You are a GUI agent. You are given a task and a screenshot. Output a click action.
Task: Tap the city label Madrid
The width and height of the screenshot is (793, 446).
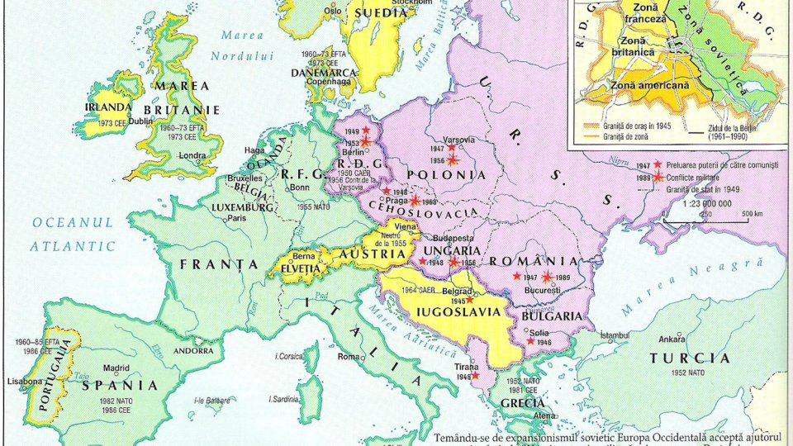point(116,368)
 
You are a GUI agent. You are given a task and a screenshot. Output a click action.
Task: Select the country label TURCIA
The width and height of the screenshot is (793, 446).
point(690,358)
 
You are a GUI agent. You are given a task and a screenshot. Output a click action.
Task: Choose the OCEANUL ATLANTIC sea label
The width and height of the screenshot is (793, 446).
point(74,235)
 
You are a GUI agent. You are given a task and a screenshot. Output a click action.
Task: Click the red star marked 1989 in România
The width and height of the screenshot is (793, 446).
point(547,277)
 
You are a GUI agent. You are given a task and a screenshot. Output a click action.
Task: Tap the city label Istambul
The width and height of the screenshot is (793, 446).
point(617,335)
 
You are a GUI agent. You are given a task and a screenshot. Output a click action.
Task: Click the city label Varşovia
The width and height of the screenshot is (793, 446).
point(459,139)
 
